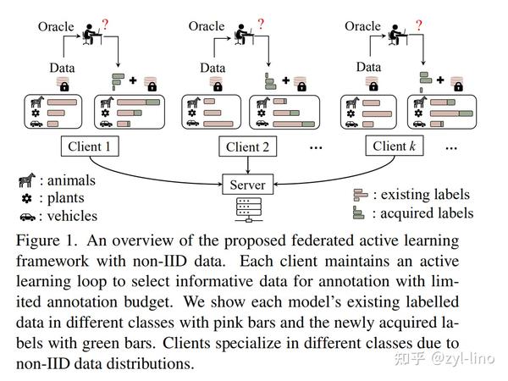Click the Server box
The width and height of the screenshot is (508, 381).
click(x=246, y=184)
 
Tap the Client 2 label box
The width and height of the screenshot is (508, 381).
click(x=247, y=146)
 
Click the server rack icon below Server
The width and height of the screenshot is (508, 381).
click(x=247, y=209)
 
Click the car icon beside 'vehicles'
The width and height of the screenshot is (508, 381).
click(x=28, y=215)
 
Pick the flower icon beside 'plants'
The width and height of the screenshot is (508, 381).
click(x=28, y=198)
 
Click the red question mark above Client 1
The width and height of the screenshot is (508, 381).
click(x=107, y=25)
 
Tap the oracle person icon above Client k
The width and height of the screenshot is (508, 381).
click(x=391, y=34)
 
